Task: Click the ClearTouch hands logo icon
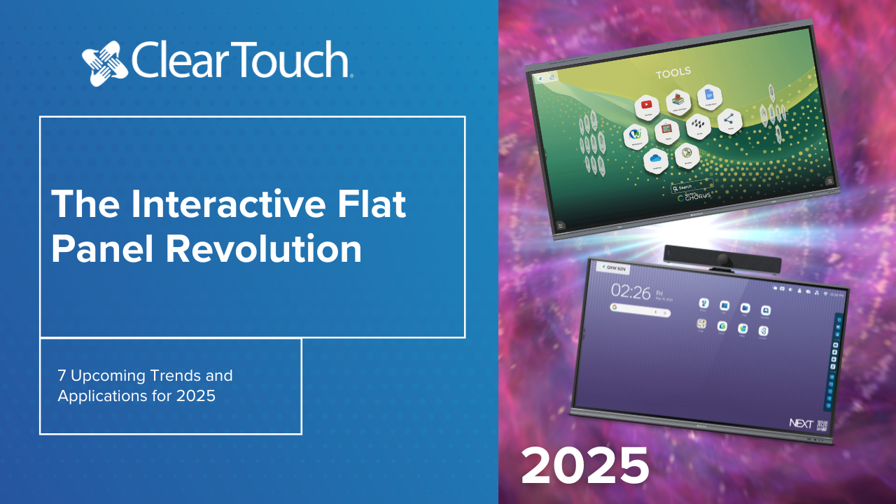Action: click(105, 62)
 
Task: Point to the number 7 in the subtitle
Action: click(62, 376)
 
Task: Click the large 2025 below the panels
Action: click(585, 465)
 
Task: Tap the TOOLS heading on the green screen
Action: click(673, 72)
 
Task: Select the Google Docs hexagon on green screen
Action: click(708, 94)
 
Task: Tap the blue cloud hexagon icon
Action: click(656, 159)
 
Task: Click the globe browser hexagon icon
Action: click(687, 153)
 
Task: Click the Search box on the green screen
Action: click(691, 187)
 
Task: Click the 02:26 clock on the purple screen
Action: click(631, 291)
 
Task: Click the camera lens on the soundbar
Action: click(723, 262)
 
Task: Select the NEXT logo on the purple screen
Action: click(801, 423)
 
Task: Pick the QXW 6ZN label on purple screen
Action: click(615, 267)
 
